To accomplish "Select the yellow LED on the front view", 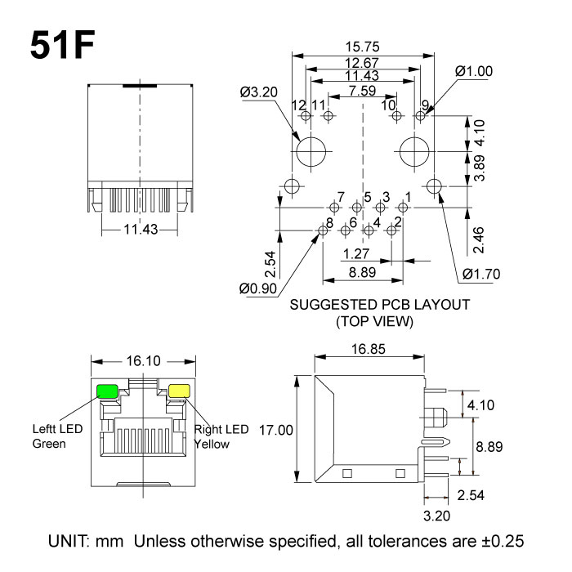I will pos(178,391).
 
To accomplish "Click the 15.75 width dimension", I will pos(363,47).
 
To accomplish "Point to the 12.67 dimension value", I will pos(361,63).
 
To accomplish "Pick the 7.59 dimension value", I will pos(362,91).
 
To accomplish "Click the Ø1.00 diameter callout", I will pos(474,71).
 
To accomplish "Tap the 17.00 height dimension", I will pos(275,429).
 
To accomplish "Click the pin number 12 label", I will pos(298,105).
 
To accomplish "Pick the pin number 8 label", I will pos(329,222).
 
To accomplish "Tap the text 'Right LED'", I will pos(221,429).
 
